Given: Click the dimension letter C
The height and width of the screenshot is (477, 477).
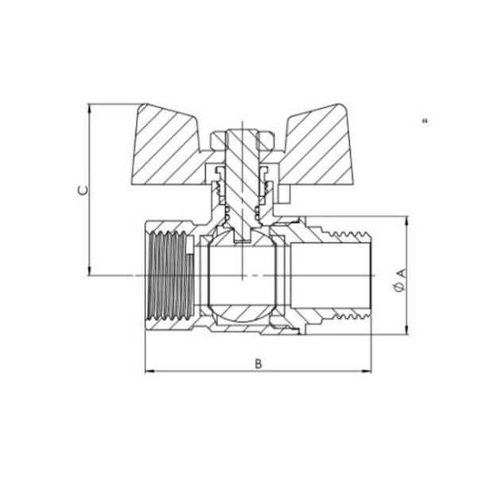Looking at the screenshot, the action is (x=83, y=190).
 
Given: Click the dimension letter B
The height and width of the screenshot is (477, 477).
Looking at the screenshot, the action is (x=258, y=363).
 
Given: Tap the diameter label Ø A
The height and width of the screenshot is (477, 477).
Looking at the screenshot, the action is (x=400, y=281).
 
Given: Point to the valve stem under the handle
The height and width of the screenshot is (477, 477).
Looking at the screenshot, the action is (x=242, y=185).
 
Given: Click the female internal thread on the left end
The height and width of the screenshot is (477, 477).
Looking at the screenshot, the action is (x=172, y=275).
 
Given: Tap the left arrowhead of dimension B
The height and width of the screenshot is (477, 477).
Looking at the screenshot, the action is (x=149, y=371).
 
